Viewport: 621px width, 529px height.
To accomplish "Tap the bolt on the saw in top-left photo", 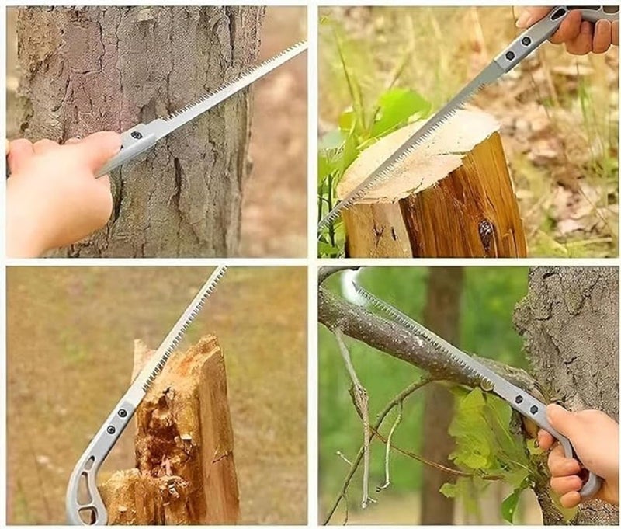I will (x=137, y=135).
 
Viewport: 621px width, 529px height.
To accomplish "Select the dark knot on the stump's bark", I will (x=487, y=233).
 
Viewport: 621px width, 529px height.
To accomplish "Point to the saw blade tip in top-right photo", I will (x=321, y=225).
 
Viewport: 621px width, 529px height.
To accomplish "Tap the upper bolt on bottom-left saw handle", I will (x=122, y=412).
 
